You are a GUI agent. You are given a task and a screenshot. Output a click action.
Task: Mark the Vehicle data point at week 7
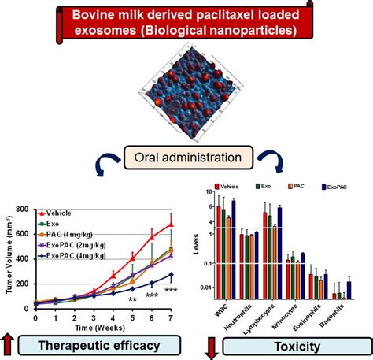point(172,224)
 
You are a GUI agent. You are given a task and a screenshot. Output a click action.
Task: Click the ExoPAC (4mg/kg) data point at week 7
point(172,275)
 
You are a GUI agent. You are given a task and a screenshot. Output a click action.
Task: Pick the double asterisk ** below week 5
point(132,299)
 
